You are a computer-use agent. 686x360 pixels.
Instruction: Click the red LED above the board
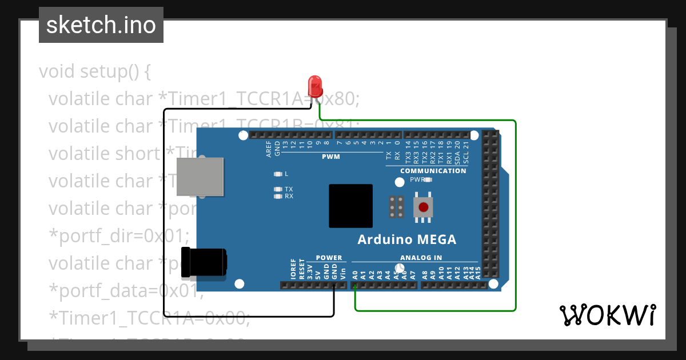point(314,87)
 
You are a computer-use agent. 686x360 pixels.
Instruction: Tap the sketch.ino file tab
point(101,25)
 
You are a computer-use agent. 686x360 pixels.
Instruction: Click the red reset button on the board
point(423,207)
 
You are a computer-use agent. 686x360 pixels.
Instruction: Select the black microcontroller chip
point(350,206)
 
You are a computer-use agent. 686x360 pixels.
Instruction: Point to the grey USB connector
point(200,177)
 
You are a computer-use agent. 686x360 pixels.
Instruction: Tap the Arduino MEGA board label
point(407,239)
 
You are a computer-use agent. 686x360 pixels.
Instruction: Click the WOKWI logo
point(607,315)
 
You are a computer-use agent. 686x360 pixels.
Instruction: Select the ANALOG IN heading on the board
point(421,258)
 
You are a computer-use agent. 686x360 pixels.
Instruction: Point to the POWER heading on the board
point(329,258)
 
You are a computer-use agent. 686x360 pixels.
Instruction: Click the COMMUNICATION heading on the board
point(433,171)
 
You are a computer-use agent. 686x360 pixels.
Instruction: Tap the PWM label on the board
point(330,157)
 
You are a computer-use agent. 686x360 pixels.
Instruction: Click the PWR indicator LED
point(428,179)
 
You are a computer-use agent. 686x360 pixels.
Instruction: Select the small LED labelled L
point(278,174)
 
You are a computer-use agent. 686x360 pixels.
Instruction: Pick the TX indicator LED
point(278,189)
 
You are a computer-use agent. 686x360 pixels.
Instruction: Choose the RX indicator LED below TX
point(278,196)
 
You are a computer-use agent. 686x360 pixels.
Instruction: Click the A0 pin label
point(355,274)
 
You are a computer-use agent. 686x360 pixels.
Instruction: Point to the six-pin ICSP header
point(397,207)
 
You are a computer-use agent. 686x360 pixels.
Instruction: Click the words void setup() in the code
point(95,72)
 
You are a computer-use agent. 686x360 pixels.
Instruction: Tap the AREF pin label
point(269,150)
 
